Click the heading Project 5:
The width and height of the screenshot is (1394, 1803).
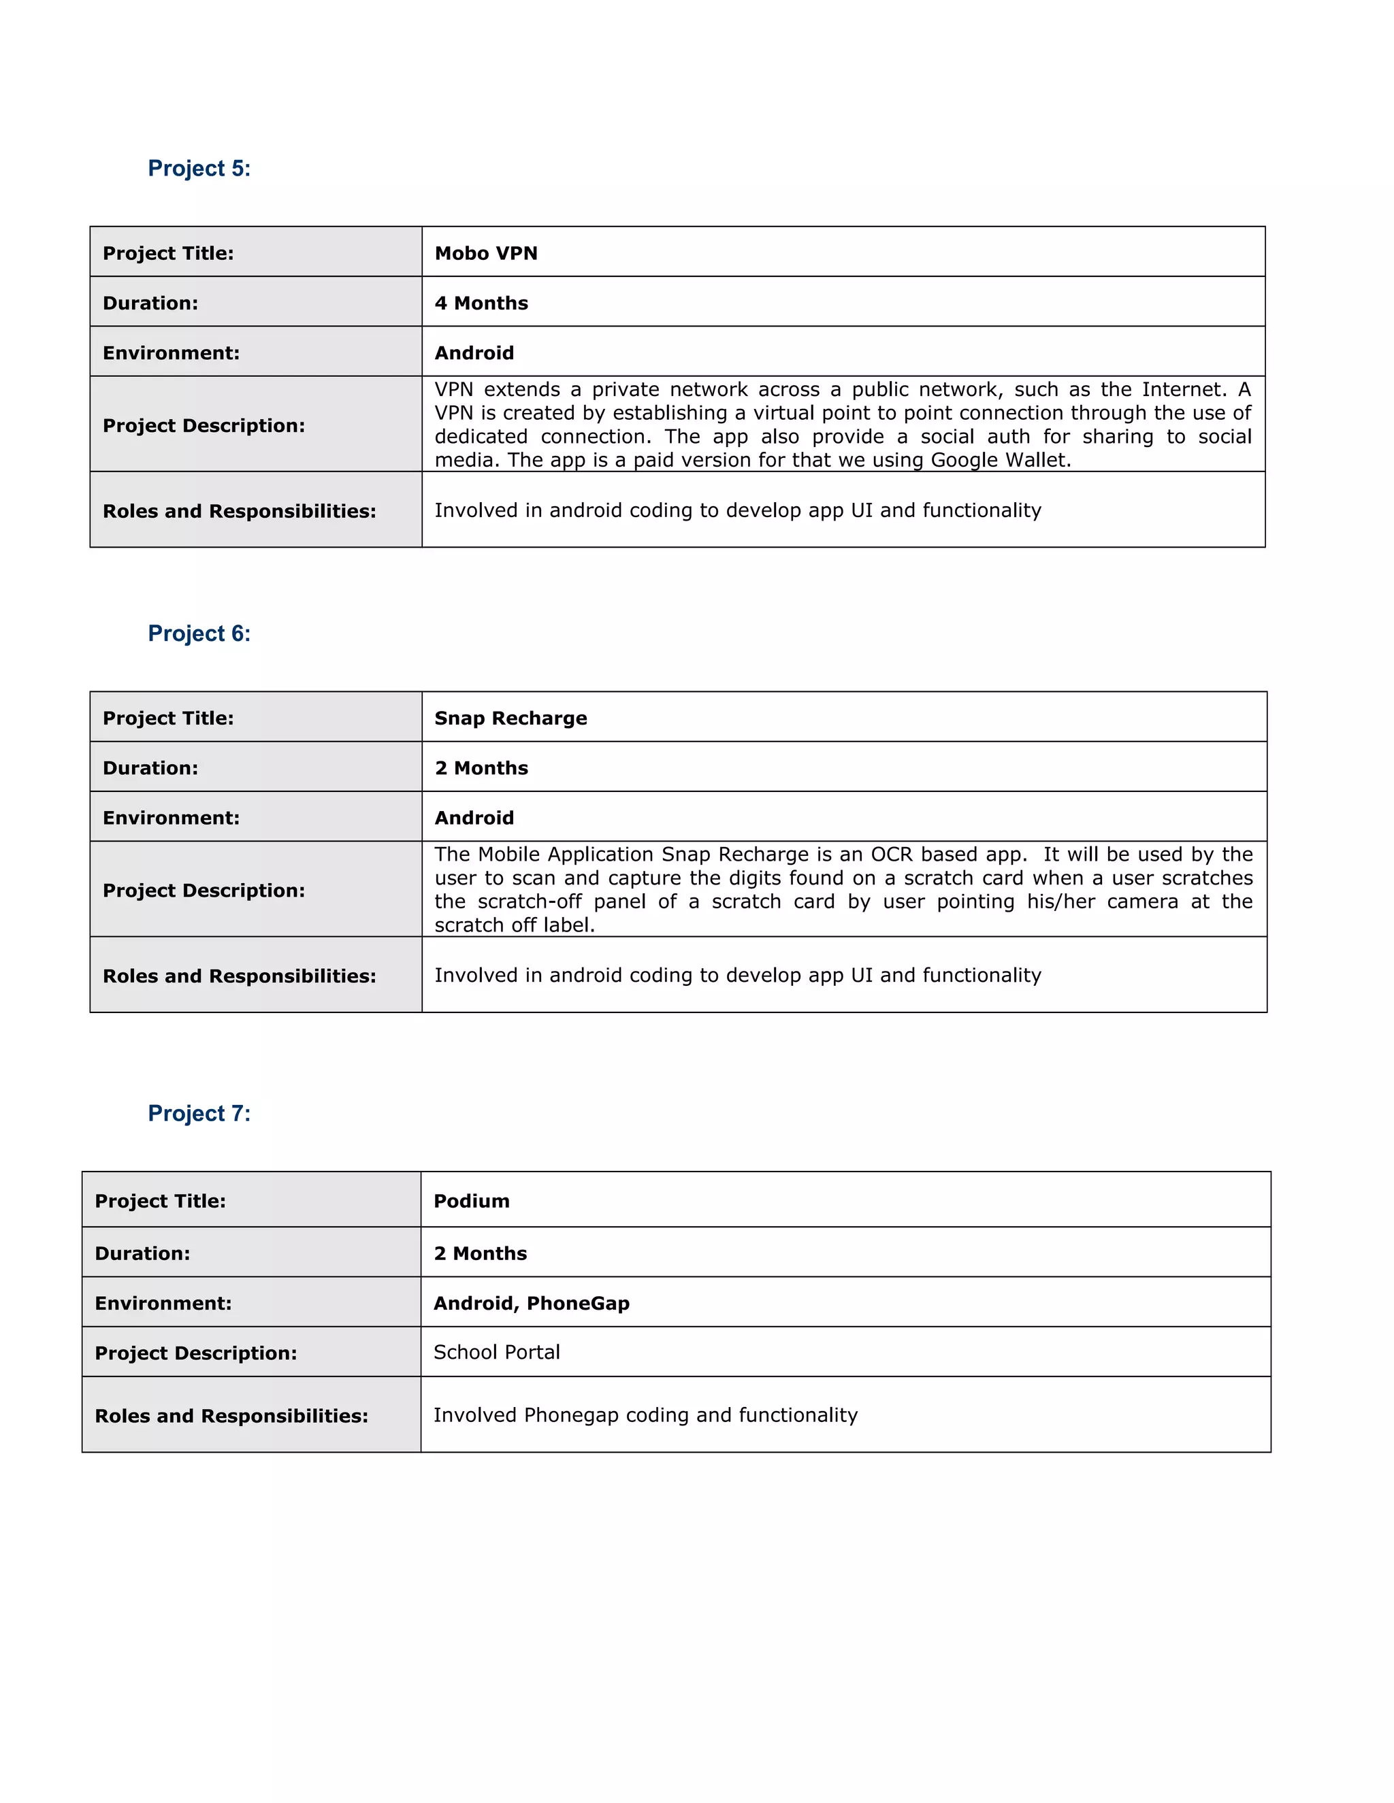click(199, 169)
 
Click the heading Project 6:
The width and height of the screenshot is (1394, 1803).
click(199, 633)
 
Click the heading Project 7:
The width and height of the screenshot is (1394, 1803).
click(199, 1113)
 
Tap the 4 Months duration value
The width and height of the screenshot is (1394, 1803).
click(481, 303)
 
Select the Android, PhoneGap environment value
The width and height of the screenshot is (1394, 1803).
click(531, 1303)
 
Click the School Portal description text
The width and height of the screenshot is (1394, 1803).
click(496, 1353)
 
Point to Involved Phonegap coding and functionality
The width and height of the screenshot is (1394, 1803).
click(645, 1415)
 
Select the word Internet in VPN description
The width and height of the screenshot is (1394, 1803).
click(1182, 390)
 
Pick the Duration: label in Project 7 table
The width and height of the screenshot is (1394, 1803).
click(142, 1253)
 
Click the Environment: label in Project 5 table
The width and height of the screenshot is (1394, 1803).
click(171, 353)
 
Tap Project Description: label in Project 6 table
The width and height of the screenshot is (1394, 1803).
click(203, 891)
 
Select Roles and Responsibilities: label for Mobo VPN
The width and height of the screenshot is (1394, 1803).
click(239, 511)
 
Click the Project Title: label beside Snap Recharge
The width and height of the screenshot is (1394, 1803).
click(167, 718)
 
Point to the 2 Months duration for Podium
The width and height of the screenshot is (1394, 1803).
click(480, 1253)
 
